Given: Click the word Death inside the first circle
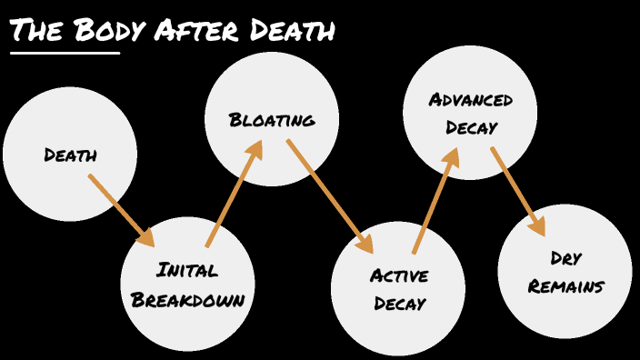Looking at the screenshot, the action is coord(70,155).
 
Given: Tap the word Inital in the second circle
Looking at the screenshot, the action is coord(187,269).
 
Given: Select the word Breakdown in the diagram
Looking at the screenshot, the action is coord(187,299).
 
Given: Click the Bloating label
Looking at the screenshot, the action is coord(272,120).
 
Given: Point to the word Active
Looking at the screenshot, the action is coord(398,275).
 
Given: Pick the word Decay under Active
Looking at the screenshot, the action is coord(398,304).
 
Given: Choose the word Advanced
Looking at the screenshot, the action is coord(471,99).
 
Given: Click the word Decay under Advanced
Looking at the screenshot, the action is coord(471,127).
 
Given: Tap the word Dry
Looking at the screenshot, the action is coord(565,258).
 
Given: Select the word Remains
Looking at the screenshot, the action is coord(565,287).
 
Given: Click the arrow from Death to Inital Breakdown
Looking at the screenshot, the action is coord(122,210).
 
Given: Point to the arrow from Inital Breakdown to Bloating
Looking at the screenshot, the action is coord(235,193).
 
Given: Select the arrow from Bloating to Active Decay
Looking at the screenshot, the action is coord(330,196).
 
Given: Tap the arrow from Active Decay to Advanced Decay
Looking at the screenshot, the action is coord(435,201).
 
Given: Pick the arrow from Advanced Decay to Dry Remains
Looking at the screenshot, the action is coord(518,191).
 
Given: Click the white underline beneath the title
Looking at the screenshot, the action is coord(65,53).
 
